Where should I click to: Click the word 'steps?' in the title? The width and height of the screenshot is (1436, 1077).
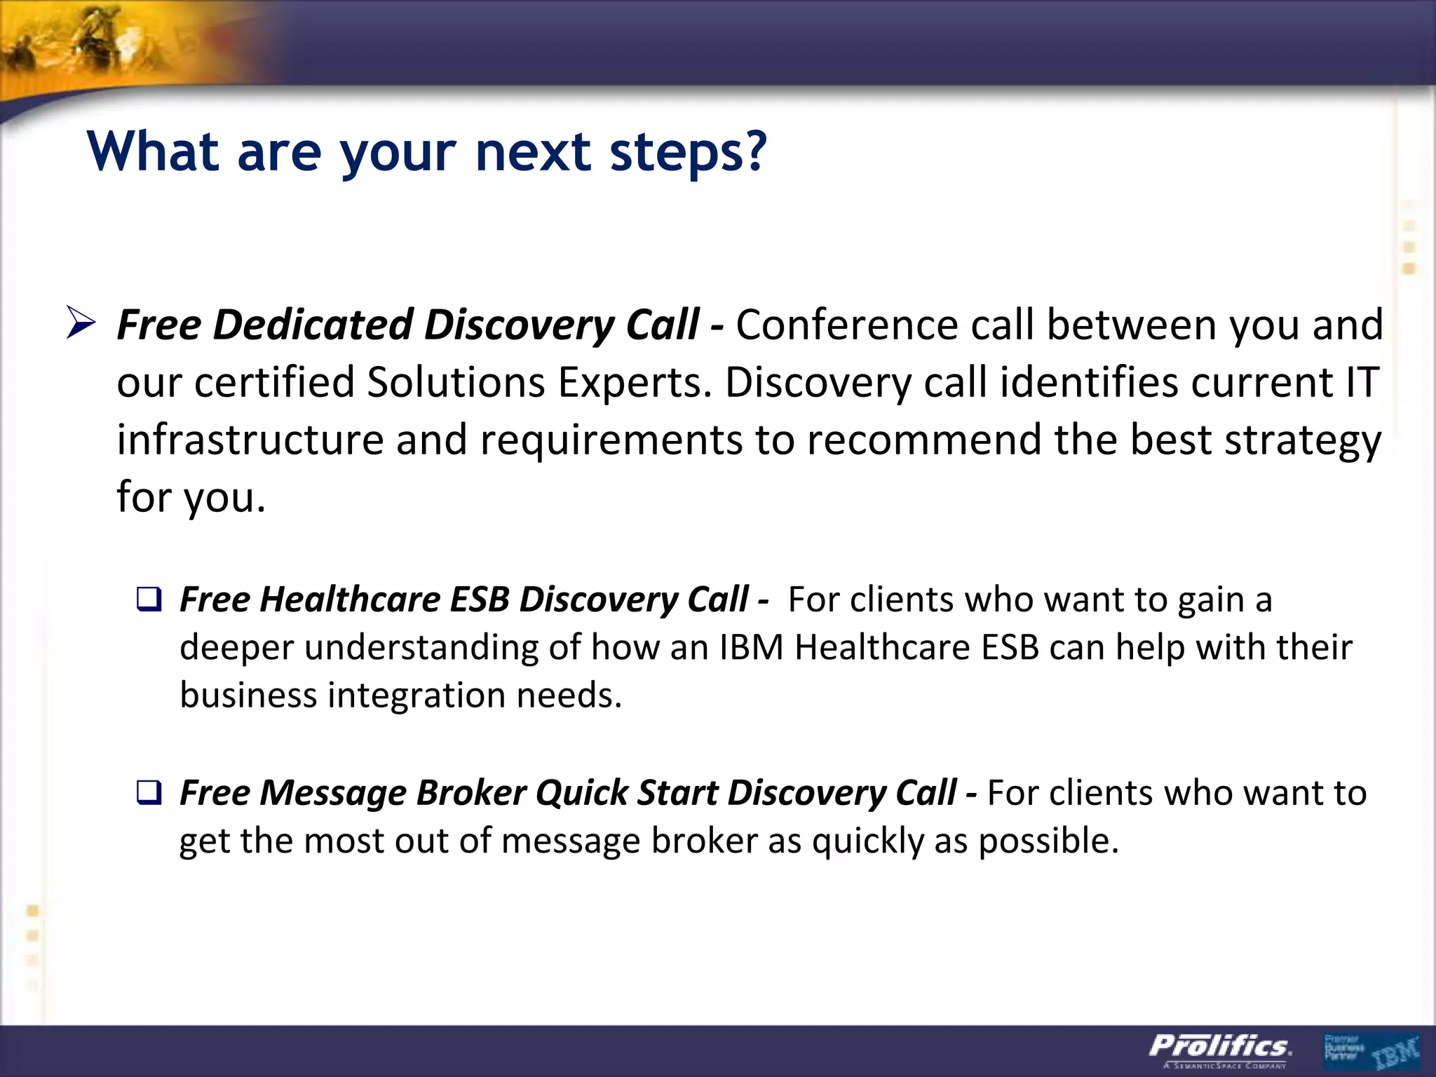[x=688, y=153]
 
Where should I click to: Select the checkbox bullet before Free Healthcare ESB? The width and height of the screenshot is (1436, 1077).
[x=149, y=600]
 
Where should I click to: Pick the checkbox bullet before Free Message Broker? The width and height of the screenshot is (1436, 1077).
[x=149, y=792]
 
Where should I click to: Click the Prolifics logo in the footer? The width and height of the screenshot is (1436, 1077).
[x=1219, y=1048]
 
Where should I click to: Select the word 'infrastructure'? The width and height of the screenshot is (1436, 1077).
[x=250, y=440]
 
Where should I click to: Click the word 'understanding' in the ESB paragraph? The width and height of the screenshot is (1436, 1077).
[x=421, y=647]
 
